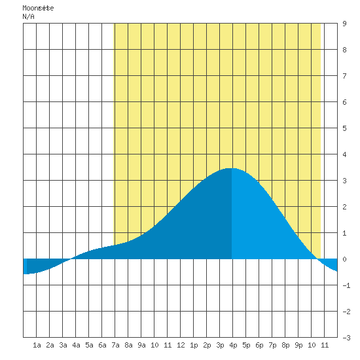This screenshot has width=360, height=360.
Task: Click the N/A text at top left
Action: pyautogui.click(x=28, y=16)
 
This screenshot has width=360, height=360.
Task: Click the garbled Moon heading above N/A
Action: pyautogui.click(x=38, y=8)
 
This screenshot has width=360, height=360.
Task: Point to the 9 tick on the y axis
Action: pyautogui.click(x=344, y=24)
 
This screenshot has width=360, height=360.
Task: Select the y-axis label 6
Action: pyautogui.click(x=344, y=102)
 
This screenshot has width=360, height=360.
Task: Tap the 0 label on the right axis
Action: pyautogui.click(x=344, y=259)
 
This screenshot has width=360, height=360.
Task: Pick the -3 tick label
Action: pyautogui.click(x=346, y=338)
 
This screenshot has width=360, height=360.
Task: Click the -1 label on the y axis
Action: pyautogui.click(x=346, y=285)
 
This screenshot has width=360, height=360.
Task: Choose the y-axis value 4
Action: pyautogui.click(x=344, y=154)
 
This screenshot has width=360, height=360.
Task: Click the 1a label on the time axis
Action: pyautogui.click(x=37, y=345)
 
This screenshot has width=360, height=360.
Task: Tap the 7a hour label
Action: pyautogui.click(x=115, y=345)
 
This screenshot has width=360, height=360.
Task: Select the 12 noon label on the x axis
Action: pyautogui.click(x=181, y=345)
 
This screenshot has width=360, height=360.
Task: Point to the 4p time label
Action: pyautogui.click(x=233, y=345)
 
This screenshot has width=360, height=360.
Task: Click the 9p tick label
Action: pyautogui.click(x=298, y=345)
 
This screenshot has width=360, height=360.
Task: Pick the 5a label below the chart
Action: pyautogui.click(x=89, y=345)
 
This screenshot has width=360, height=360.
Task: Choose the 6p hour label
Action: pyautogui.click(x=259, y=345)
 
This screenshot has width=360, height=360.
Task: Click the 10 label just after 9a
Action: pyautogui.click(x=154, y=345)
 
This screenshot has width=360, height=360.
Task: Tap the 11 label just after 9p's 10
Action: pyautogui.click(x=325, y=345)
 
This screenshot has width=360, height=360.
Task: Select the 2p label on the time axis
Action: pyautogui.click(x=207, y=345)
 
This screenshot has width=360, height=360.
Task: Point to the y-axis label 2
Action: pyautogui.click(x=344, y=207)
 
